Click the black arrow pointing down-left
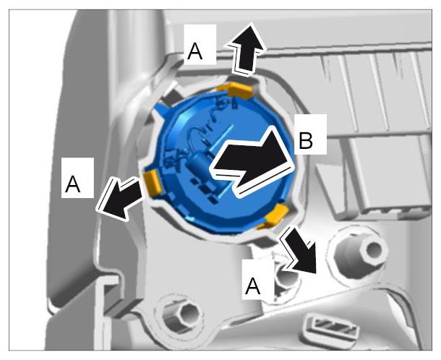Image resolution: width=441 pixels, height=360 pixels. (x=121, y=197)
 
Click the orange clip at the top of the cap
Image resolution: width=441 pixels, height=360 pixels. (x=236, y=90)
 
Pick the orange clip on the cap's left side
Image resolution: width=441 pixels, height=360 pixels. (x=152, y=182)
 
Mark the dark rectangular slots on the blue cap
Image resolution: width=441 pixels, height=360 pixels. (x=205, y=188)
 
